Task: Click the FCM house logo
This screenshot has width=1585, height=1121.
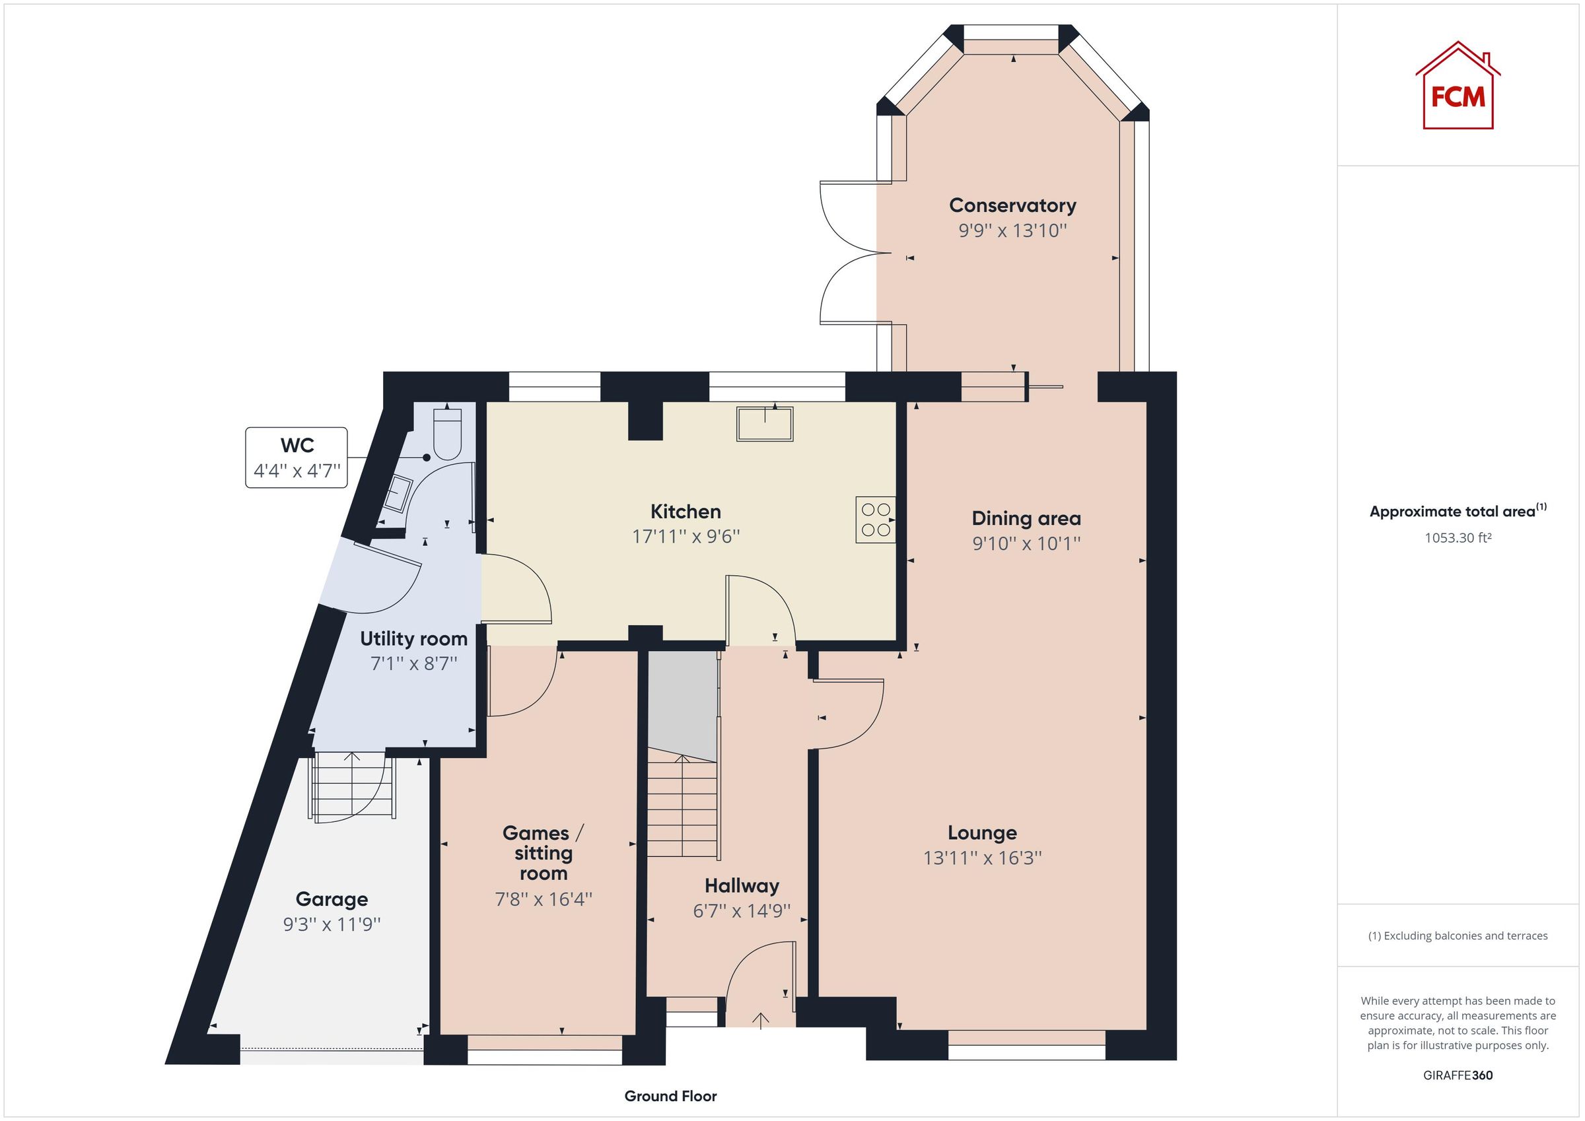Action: (x=1458, y=87)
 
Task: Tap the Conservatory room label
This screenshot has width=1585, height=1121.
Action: (x=1012, y=206)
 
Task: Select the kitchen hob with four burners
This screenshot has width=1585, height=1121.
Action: (x=875, y=520)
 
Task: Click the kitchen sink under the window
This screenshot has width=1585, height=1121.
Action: (x=764, y=424)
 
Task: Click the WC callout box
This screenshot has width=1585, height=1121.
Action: (x=296, y=458)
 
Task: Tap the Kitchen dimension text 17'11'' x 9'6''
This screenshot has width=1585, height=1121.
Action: (x=686, y=536)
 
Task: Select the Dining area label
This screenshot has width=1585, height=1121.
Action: (x=1026, y=518)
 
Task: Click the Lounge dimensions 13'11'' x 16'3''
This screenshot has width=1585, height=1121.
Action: (x=981, y=858)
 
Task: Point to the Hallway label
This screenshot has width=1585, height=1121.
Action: (x=742, y=885)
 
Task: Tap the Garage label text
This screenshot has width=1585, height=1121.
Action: (x=332, y=899)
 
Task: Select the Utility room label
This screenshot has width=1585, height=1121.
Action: (x=413, y=638)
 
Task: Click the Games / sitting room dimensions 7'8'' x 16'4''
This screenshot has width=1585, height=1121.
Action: (x=544, y=899)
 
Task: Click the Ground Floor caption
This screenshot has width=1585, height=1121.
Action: (x=670, y=1095)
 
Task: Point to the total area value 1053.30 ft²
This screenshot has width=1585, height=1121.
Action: (x=1458, y=537)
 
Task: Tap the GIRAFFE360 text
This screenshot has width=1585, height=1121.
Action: (x=1458, y=1075)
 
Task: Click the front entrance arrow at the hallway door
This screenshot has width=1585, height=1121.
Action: (x=760, y=1020)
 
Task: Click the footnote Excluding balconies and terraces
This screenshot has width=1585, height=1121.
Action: (x=1458, y=935)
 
